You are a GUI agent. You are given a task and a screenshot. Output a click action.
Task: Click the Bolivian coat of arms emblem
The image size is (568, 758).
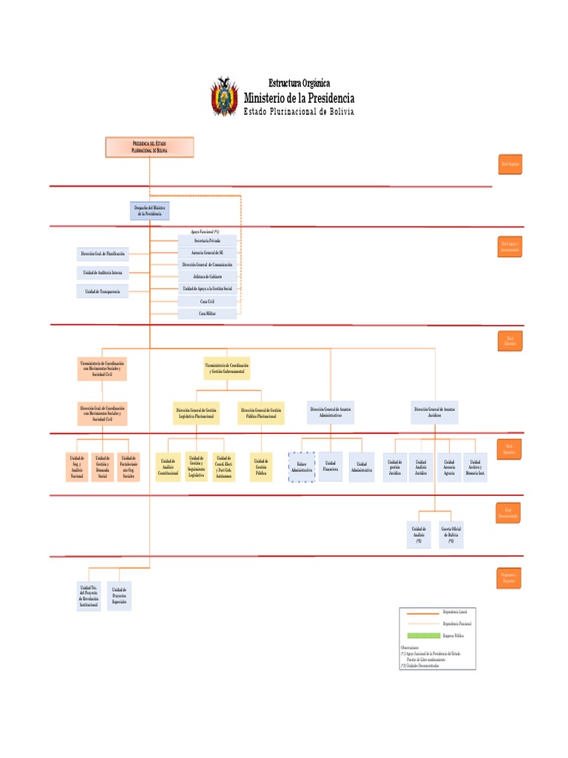coord(225,97)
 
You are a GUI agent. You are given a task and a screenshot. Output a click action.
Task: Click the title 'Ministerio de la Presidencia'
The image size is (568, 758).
coord(299,98)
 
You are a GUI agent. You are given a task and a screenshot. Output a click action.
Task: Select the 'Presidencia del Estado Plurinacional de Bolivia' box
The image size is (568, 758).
coord(149,147)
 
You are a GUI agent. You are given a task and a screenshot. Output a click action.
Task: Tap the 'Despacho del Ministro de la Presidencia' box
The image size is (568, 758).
coord(149,211)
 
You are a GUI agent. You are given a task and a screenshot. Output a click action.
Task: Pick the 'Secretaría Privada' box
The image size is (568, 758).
coord(207,241)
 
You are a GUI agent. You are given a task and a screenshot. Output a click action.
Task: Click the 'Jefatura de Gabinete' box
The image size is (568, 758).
coord(207,276)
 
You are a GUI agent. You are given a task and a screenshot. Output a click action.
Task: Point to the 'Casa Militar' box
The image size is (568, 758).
coord(207,314)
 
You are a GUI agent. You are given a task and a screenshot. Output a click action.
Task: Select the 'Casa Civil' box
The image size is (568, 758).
coord(207,301)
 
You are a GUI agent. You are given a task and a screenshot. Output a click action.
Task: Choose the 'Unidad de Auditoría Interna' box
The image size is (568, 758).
coord(103,273)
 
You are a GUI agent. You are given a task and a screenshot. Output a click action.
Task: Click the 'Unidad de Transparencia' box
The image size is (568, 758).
coord(103,292)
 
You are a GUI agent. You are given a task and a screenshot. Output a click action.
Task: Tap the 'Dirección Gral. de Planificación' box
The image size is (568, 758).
coord(103,254)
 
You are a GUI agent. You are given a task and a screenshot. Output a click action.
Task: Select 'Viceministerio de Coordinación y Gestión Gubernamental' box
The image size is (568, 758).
coord(226,368)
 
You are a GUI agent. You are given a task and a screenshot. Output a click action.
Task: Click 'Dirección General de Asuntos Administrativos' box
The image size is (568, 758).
coord(331,412)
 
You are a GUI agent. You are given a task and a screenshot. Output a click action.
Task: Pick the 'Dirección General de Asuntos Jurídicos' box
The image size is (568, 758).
coord(434,412)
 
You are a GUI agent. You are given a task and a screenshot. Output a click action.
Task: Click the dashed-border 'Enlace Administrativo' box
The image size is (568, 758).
coord(302,467)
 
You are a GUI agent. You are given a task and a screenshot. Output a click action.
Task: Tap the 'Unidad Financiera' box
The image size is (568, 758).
coord(331,466)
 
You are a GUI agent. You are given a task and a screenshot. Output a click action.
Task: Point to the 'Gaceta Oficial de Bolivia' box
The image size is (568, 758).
coord(450,534)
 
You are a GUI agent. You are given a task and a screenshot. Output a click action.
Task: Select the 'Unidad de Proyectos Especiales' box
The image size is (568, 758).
coord(119,596)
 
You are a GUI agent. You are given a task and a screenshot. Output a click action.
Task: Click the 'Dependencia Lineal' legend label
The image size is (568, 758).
coord(455,612)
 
